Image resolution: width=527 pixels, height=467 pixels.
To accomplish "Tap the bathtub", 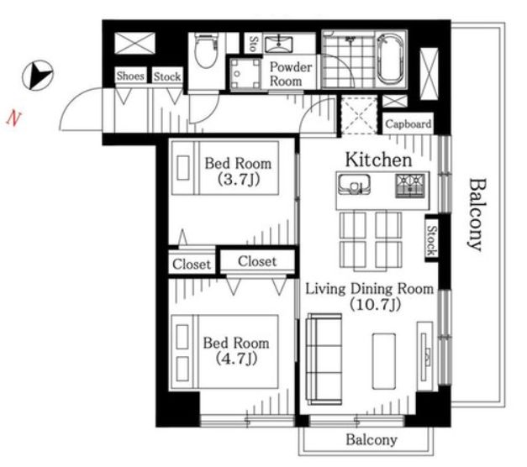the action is (390, 60).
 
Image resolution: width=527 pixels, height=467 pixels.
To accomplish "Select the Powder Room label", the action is (290, 74).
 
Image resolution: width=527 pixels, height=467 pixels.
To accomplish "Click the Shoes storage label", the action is (130, 76).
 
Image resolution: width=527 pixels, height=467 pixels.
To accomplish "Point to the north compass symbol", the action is (38, 76).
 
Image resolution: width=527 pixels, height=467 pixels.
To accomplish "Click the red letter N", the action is (13, 118).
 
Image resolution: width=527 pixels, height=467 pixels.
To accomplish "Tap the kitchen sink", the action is (354, 185).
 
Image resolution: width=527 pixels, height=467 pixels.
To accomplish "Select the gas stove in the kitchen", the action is (410, 186).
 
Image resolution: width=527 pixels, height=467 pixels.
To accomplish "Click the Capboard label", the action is (408, 124).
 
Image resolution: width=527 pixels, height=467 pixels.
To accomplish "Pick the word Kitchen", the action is (379, 160).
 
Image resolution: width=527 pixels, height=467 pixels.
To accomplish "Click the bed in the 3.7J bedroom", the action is (225, 168).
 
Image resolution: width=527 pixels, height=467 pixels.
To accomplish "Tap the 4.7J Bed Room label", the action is (236, 351).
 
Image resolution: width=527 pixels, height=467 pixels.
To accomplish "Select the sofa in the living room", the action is (324, 359).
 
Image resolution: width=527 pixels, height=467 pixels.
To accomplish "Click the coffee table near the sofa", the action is (384, 361).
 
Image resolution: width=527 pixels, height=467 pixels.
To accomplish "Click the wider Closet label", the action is (257, 261).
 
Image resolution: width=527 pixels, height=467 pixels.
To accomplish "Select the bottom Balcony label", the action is (372, 440).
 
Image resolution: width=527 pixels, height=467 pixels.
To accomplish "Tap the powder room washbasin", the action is (278, 45).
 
